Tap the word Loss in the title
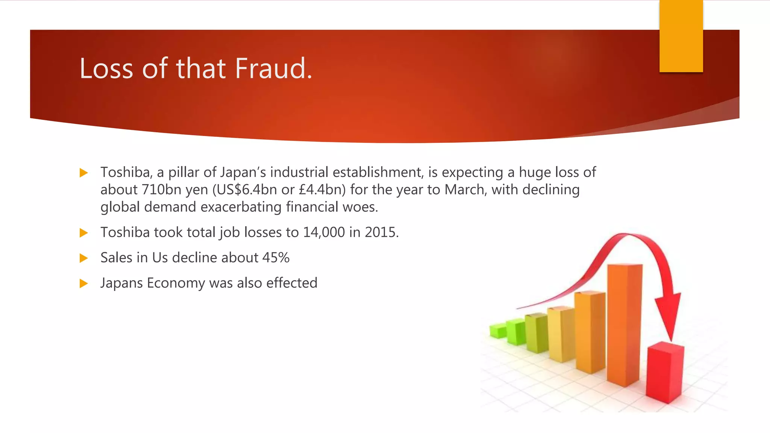coord(106,69)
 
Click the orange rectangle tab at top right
coord(681,36)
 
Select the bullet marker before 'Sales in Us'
coord(83,258)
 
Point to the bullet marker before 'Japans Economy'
coord(83,283)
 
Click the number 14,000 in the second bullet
coord(324,232)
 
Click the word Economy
coord(176,283)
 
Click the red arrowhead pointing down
coord(669,316)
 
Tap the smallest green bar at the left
coord(497,331)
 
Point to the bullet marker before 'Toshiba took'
coord(83,233)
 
